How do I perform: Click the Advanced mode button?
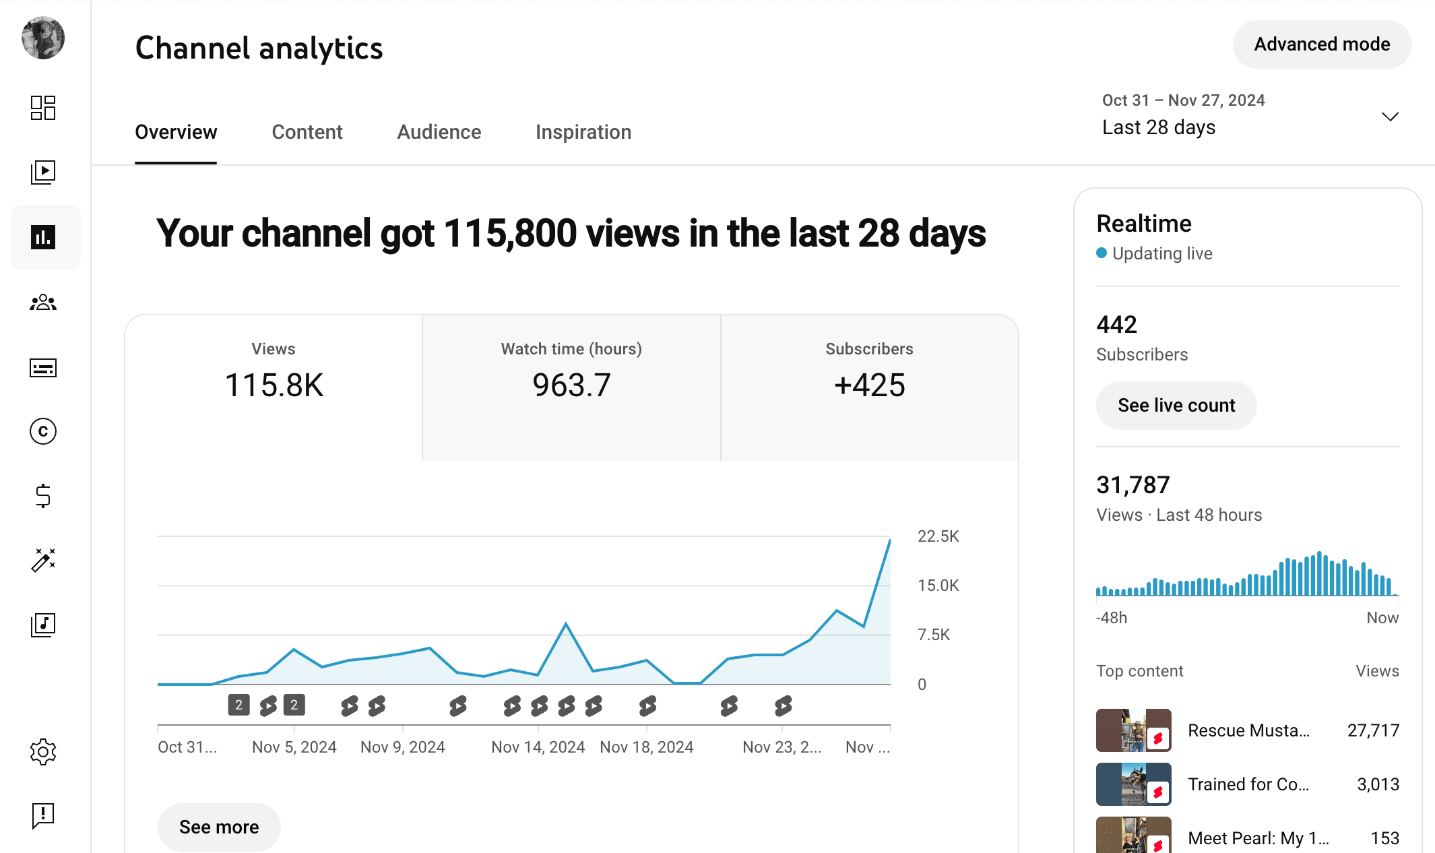click(x=1321, y=44)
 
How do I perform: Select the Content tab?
click(x=307, y=132)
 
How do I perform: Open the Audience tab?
click(x=439, y=132)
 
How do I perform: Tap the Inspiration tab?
click(x=583, y=132)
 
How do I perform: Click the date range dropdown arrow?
click(x=1390, y=117)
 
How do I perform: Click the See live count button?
click(x=1176, y=406)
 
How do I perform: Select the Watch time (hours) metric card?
click(x=571, y=387)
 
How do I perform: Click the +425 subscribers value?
click(x=869, y=385)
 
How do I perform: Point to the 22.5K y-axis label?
click(x=938, y=536)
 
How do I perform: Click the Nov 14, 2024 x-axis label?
click(x=538, y=747)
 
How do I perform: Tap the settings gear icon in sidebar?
click(x=43, y=751)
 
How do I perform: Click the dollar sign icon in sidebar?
click(x=43, y=496)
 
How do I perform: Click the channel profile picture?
click(x=43, y=38)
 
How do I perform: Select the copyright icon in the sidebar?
click(x=43, y=431)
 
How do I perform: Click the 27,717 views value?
click(x=1372, y=730)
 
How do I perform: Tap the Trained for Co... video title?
click(x=1248, y=784)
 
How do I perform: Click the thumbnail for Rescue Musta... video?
click(x=1133, y=730)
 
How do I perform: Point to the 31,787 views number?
click(x=1133, y=485)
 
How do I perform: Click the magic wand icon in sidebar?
click(x=43, y=560)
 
